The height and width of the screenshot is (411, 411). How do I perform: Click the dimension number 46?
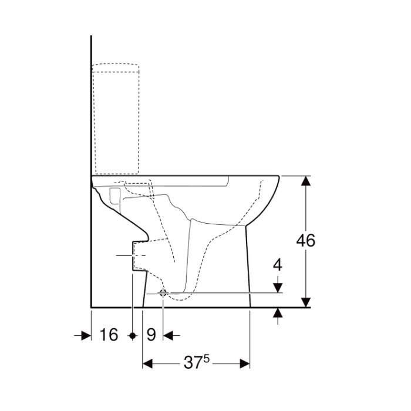(x=306, y=240)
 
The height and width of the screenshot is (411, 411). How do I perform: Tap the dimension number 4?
(x=278, y=265)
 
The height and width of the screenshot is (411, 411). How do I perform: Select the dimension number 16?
(x=109, y=335)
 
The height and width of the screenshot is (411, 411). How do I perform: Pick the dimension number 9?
(x=151, y=335)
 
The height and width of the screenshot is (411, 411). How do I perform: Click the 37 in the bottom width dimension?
(x=193, y=363)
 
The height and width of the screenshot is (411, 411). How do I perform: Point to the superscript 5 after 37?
(x=207, y=359)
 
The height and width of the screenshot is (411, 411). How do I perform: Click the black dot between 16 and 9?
(x=133, y=335)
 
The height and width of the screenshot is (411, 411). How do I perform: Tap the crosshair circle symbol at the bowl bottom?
(x=163, y=294)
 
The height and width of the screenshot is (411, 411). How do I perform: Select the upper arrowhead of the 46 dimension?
(x=306, y=181)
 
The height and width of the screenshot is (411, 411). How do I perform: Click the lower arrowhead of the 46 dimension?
(x=306, y=302)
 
